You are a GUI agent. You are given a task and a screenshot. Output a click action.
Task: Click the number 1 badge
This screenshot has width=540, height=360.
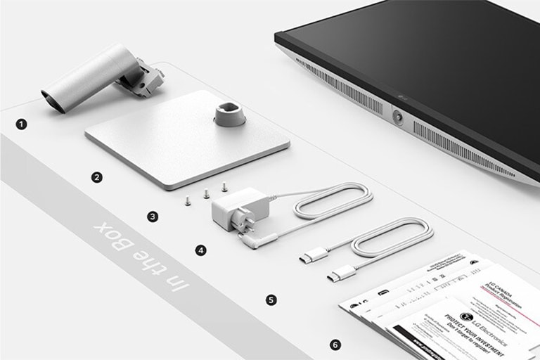22,124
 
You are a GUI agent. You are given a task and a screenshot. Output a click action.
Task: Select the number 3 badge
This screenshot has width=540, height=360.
153,217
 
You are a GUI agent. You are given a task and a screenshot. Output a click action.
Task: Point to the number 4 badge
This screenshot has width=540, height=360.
201,250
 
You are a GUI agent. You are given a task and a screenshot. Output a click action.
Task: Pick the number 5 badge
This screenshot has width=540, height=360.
271,300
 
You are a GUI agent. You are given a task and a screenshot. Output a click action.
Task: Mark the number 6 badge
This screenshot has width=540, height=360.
335,345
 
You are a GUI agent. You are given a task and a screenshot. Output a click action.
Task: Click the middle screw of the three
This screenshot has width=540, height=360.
206,193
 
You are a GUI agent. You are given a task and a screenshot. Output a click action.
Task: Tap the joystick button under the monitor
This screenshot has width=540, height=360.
397,117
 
